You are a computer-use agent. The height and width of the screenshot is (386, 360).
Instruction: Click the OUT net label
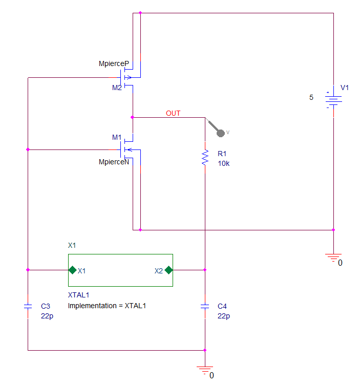click(x=173, y=113)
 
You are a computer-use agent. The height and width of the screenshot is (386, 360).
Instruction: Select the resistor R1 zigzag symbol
click(x=205, y=157)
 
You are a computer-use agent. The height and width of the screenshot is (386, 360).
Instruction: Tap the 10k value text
click(x=224, y=163)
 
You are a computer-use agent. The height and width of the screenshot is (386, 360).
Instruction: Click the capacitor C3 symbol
click(x=28, y=306)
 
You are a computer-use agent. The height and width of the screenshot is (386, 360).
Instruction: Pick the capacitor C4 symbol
click(x=205, y=306)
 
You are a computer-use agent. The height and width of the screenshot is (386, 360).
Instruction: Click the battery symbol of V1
click(x=333, y=100)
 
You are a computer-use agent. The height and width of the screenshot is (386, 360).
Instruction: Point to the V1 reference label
click(x=345, y=88)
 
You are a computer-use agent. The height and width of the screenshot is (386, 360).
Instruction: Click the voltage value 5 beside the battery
click(x=311, y=97)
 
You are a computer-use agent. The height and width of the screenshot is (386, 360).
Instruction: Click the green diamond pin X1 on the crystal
click(x=72, y=270)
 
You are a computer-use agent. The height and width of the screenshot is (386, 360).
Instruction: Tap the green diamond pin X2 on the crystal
click(x=168, y=270)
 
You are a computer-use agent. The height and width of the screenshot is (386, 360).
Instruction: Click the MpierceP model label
click(x=114, y=64)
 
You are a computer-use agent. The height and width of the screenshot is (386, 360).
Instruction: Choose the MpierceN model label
click(x=114, y=162)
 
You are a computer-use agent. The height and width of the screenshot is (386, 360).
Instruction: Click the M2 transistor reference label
click(x=117, y=88)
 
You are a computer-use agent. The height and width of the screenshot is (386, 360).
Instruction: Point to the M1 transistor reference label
click(x=117, y=137)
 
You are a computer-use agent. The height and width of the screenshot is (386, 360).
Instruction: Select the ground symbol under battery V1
click(x=333, y=258)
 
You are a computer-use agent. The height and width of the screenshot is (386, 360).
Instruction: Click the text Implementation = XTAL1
click(x=107, y=306)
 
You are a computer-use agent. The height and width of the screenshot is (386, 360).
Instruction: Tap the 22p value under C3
click(x=47, y=316)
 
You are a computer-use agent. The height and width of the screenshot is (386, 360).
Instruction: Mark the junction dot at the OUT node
click(x=133, y=117)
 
